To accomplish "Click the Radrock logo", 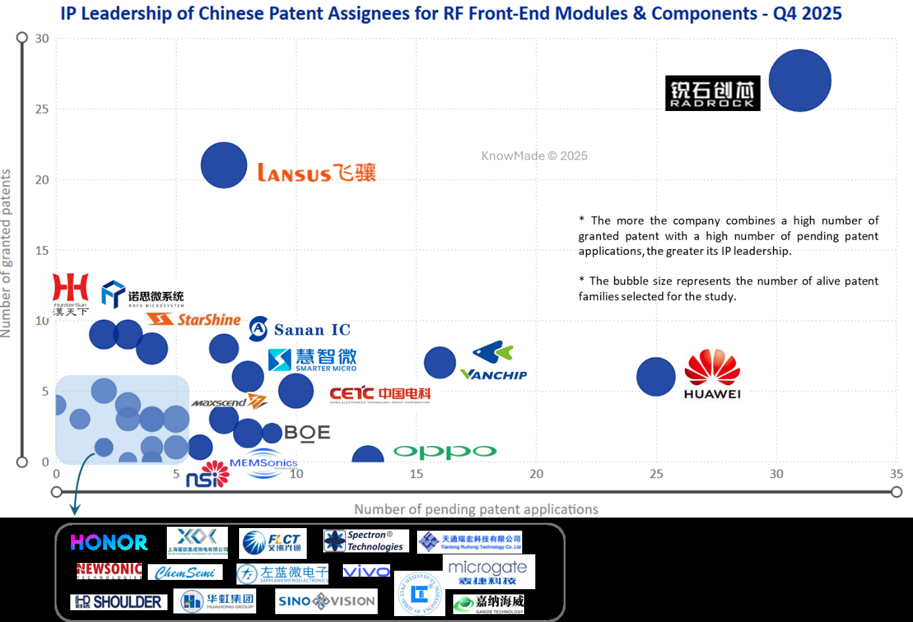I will (x=713, y=93).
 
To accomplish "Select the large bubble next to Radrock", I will (x=800, y=80).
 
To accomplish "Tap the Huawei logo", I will (x=713, y=374).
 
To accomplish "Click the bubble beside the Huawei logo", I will (x=656, y=377).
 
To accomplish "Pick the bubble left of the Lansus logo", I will (x=224, y=165).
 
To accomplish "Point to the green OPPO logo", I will (x=445, y=452).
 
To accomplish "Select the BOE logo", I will (x=307, y=433).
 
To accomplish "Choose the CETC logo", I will (x=380, y=394).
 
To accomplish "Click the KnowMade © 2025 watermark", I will (x=534, y=156).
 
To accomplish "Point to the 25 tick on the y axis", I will (x=42, y=109).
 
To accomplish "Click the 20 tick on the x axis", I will (x=536, y=474).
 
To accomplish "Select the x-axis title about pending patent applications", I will (x=476, y=509).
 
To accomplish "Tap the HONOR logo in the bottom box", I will (x=109, y=543).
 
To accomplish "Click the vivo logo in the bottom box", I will (x=367, y=571).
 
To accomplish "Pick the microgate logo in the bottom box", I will (x=487, y=571).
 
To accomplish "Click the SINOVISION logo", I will (x=326, y=601).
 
